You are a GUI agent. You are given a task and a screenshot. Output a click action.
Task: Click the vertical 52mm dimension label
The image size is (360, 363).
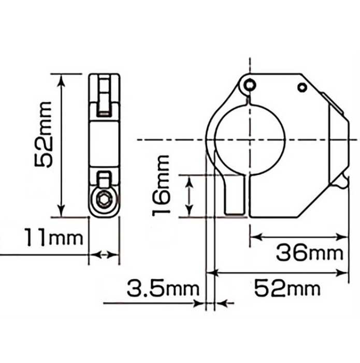44,134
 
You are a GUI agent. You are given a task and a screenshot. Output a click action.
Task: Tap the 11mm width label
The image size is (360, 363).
54,237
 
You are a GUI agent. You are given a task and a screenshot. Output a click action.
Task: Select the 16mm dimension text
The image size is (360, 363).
161,186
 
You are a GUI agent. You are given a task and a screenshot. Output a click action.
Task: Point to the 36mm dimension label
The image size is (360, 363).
310,253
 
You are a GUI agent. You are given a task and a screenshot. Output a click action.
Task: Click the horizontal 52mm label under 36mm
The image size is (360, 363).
287,288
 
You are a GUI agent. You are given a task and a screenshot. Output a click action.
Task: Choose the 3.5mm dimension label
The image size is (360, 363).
163,288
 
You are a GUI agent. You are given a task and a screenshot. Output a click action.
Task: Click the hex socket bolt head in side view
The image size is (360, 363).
104,199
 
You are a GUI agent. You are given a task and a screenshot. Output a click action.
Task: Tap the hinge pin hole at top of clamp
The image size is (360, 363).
250,85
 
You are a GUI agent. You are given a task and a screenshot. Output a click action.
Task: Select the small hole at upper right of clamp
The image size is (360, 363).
302,88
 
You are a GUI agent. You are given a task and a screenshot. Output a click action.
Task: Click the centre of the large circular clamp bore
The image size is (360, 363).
250,140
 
